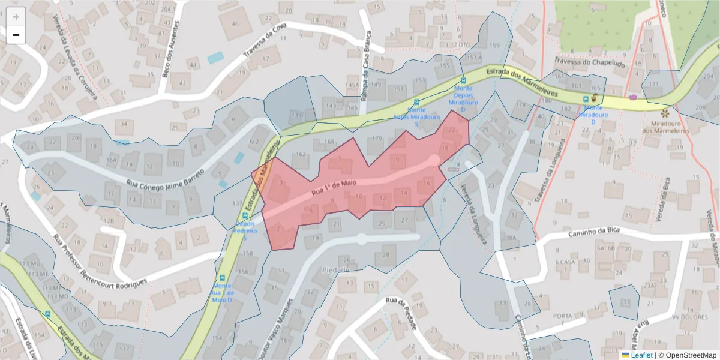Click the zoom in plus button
tap(16, 17)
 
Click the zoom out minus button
tap(16, 35)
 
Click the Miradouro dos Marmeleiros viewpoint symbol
tap(664, 113)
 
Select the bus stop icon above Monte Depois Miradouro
tap(463, 80)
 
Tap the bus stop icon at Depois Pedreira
tap(244, 216)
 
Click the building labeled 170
tap(376, 139)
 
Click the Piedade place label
tap(335, 270)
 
